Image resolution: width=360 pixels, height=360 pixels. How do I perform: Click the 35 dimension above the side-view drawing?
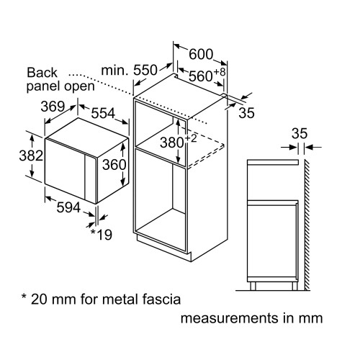[300, 132]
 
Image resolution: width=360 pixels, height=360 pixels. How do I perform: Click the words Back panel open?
[60, 78]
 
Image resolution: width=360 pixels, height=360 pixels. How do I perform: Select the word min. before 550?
[114, 71]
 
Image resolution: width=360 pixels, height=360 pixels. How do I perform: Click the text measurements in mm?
[251, 318]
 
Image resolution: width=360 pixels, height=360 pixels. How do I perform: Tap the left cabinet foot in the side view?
[255, 286]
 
